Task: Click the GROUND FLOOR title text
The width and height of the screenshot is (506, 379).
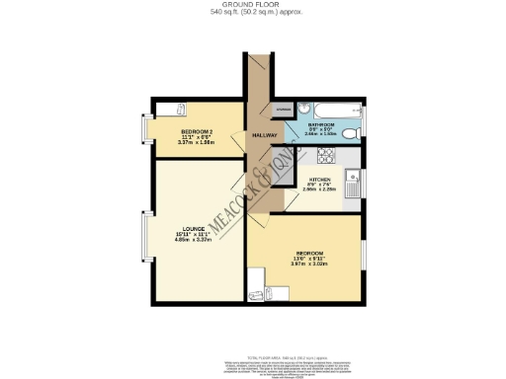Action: (253, 5)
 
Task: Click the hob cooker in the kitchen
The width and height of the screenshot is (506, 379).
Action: (326, 156)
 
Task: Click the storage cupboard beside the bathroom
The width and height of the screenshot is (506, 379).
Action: (284, 110)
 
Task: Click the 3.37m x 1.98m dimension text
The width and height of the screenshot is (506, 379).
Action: (197, 144)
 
